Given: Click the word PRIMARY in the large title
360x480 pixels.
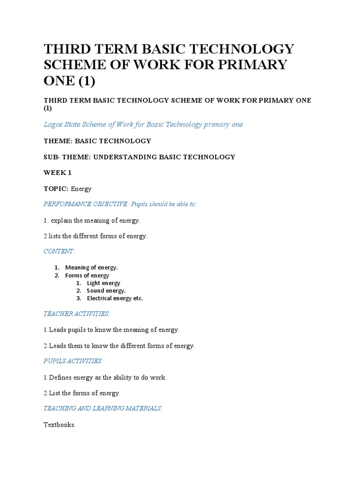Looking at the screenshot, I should pyautogui.click(x=253, y=65).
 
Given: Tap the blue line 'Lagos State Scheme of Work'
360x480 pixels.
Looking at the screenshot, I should pyautogui.click(x=143, y=124).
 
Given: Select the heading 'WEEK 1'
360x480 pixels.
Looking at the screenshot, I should pyautogui.click(x=58, y=172).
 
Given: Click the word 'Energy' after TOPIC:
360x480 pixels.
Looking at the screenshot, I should pyautogui.click(x=81, y=188).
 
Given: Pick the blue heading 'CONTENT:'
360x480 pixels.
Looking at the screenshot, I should pyautogui.click(x=59, y=251).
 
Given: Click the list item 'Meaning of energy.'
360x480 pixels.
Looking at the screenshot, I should pyautogui.click(x=91, y=268).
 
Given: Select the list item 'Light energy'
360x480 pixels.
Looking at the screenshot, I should pyautogui.click(x=103, y=283).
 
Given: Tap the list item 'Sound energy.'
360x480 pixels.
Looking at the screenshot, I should pyautogui.click(x=106, y=291).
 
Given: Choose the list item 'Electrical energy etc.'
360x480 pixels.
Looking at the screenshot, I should pyautogui.click(x=115, y=298).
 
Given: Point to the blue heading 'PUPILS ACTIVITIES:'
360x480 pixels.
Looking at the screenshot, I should pyautogui.click(x=73, y=361).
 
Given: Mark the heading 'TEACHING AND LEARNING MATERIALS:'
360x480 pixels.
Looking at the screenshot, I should pyautogui.click(x=103, y=408).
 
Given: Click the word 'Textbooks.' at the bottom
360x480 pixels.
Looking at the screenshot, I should pyautogui.click(x=60, y=425).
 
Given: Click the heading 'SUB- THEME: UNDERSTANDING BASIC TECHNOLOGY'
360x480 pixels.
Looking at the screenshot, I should pyautogui.click(x=139, y=157).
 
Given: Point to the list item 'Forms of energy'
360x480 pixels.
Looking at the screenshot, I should pyautogui.click(x=87, y=276).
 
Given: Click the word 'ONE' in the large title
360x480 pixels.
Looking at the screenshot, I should pyautogui.click(x=59, y=81).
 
